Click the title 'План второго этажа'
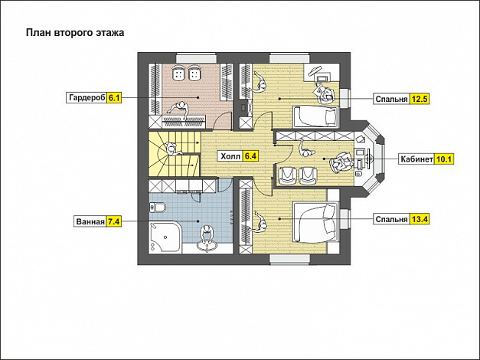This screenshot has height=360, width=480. [x=75, y=33]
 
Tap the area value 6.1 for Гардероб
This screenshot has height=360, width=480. [x=115, y=98]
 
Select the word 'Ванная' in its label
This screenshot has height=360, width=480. [x=90, y=221]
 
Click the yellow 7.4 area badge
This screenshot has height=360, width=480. [x=114, y=221]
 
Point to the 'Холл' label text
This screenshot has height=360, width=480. [x=231, y=156]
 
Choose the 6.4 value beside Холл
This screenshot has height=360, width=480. [x=250, y=156]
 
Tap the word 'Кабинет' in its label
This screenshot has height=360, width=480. [x=416, y=159]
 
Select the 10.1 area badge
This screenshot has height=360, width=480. [x=444, y=159]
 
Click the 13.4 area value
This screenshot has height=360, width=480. [x=420, y=219]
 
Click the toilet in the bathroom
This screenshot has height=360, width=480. [x=158, y=208]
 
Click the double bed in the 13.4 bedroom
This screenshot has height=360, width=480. [x=315, y=222]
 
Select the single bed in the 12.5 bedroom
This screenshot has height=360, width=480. [x=315, y=116]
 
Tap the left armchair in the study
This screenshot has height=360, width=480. [x=287, y=175]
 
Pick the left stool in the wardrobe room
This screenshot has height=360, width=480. [x=178, y=74]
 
